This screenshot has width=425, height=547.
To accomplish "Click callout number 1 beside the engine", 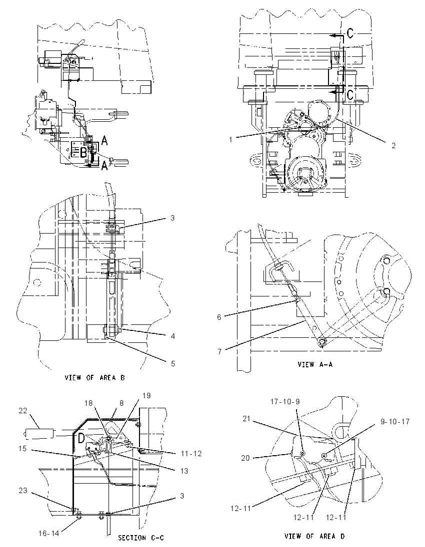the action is (x=230, y=140).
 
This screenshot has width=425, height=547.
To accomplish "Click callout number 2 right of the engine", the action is (x=393, y=145).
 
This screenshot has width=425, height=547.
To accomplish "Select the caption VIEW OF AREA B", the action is (x=94, y=377).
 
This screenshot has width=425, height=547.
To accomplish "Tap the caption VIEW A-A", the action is (x=315, y=364).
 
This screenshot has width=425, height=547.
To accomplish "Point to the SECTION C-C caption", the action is (x=141, y=538).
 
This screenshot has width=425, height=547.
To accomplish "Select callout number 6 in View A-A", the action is (x=219, y=317).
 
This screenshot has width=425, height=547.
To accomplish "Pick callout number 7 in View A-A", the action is (x=219, y=351).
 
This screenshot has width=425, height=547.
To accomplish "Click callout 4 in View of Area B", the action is (x=172, y=336).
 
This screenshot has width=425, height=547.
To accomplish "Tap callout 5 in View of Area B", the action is (x=172, y=363).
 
